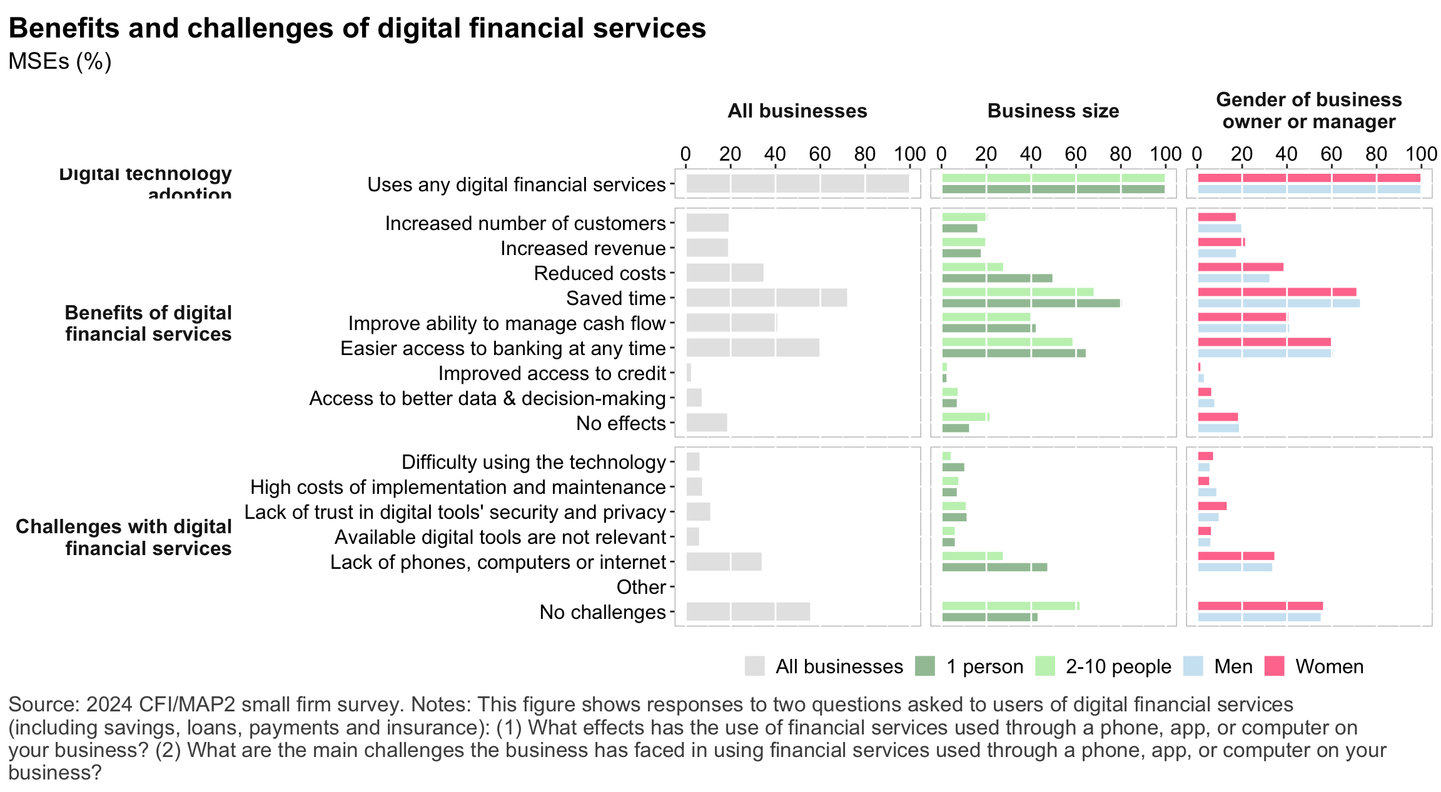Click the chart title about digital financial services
[356, 29]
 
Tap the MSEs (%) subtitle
[60, 61]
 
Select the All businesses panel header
[797, 111]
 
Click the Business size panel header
[1053, 111]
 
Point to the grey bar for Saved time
[766, 298]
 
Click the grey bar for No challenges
[748, 611]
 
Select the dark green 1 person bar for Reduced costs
[997, 278]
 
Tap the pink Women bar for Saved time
[1277, 292]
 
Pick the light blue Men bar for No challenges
[1259, 617]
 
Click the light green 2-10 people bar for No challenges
[1010, 606]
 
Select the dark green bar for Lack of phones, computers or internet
[994, 567]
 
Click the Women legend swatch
[1274, 666]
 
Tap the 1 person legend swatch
[924, 666]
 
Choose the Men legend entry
[1233, 666]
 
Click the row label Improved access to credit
[552, 373]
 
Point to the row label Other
[640, 587]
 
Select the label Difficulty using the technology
[533, 462]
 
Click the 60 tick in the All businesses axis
[820, 154]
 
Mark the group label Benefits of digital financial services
[148, 323]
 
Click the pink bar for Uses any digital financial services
[1308, 178]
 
